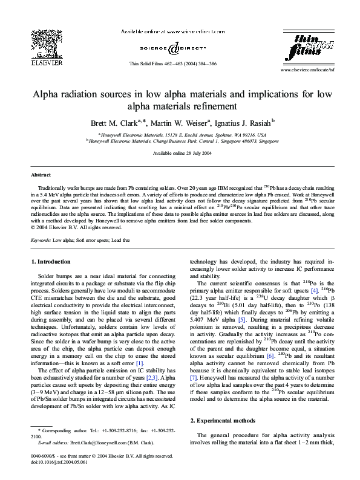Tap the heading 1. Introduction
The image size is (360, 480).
click(x=50, y=262)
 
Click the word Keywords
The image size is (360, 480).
click(x=41, y=240)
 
